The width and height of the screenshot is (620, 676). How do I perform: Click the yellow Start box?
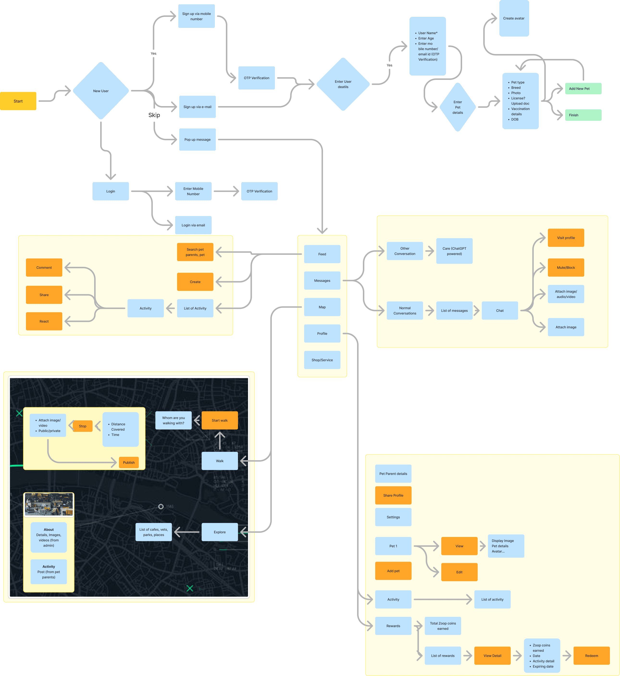pyautogui.click(x=18, y=101)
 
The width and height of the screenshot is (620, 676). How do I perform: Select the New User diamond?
pyautogui.click(x=101, y=91)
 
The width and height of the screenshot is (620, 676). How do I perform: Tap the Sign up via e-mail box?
pyautogui.click(x=197, y=107)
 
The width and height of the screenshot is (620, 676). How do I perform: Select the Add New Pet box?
pyautogui.click(x=583, y=89)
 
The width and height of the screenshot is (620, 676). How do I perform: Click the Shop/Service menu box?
pyautogui.click(x=322, y=360)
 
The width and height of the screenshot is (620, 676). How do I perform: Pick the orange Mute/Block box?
pyautogui.click(x=566, y=268)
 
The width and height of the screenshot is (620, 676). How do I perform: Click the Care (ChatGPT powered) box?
pyautogui.click(x=454, y=251)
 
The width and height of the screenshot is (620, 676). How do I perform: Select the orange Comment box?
pyautogui.click(x=44, y=268)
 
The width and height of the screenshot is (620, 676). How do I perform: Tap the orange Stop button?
pyautogui.click(x=82, y=426)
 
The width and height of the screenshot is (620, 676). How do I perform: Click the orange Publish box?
pyautogui.click(x=129, y=462)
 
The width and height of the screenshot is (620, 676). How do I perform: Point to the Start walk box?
pyautogui.click(x=220, y=421)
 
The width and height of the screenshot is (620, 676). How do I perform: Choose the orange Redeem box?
pyautogui.click(x=591, y=656)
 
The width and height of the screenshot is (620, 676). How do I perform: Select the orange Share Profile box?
pyautogui.click(x=393, y=495)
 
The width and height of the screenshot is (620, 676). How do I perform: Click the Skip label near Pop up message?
pyautogui.click(x=154, y=115)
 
